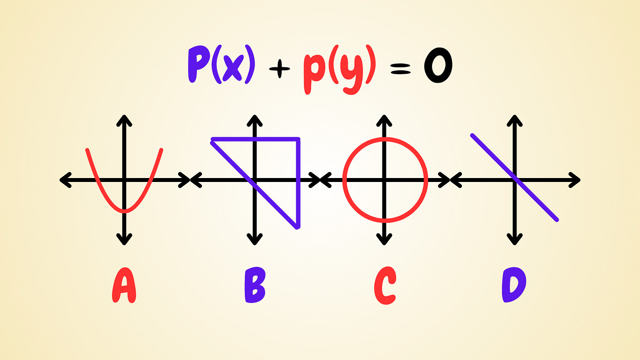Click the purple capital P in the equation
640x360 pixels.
(x=198, y=65)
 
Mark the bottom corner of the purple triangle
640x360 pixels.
(x=298, y=227)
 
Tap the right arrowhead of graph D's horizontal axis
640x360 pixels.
(x=577, y=180)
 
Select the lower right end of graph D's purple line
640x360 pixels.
(x=557, y=220)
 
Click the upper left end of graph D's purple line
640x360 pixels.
(x=472, y=135)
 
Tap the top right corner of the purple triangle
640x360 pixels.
(x=298, y=139)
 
